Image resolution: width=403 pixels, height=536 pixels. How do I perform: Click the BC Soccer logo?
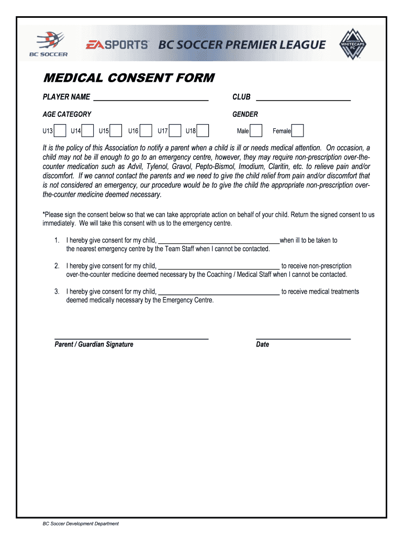50,44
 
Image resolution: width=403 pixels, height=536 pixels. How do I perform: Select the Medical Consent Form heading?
128,78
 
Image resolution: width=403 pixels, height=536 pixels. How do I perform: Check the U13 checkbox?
60,131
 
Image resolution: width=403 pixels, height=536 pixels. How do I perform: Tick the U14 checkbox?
88,131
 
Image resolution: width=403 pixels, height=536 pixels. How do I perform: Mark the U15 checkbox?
116,131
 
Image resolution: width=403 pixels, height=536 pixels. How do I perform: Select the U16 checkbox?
146,131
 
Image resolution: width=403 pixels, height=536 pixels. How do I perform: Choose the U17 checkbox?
175,131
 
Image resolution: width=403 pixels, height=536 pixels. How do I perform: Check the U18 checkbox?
203,131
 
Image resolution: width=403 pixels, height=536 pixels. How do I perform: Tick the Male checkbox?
256,131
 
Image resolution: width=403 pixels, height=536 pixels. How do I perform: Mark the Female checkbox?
297,131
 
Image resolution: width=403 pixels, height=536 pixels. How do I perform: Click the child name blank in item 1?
219,241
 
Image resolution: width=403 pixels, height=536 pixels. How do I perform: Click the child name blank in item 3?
219,292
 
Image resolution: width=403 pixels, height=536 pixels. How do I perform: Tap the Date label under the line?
262,344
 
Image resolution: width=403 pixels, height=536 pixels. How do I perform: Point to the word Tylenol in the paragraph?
158,166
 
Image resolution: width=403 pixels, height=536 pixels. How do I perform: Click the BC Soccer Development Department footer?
81,523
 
